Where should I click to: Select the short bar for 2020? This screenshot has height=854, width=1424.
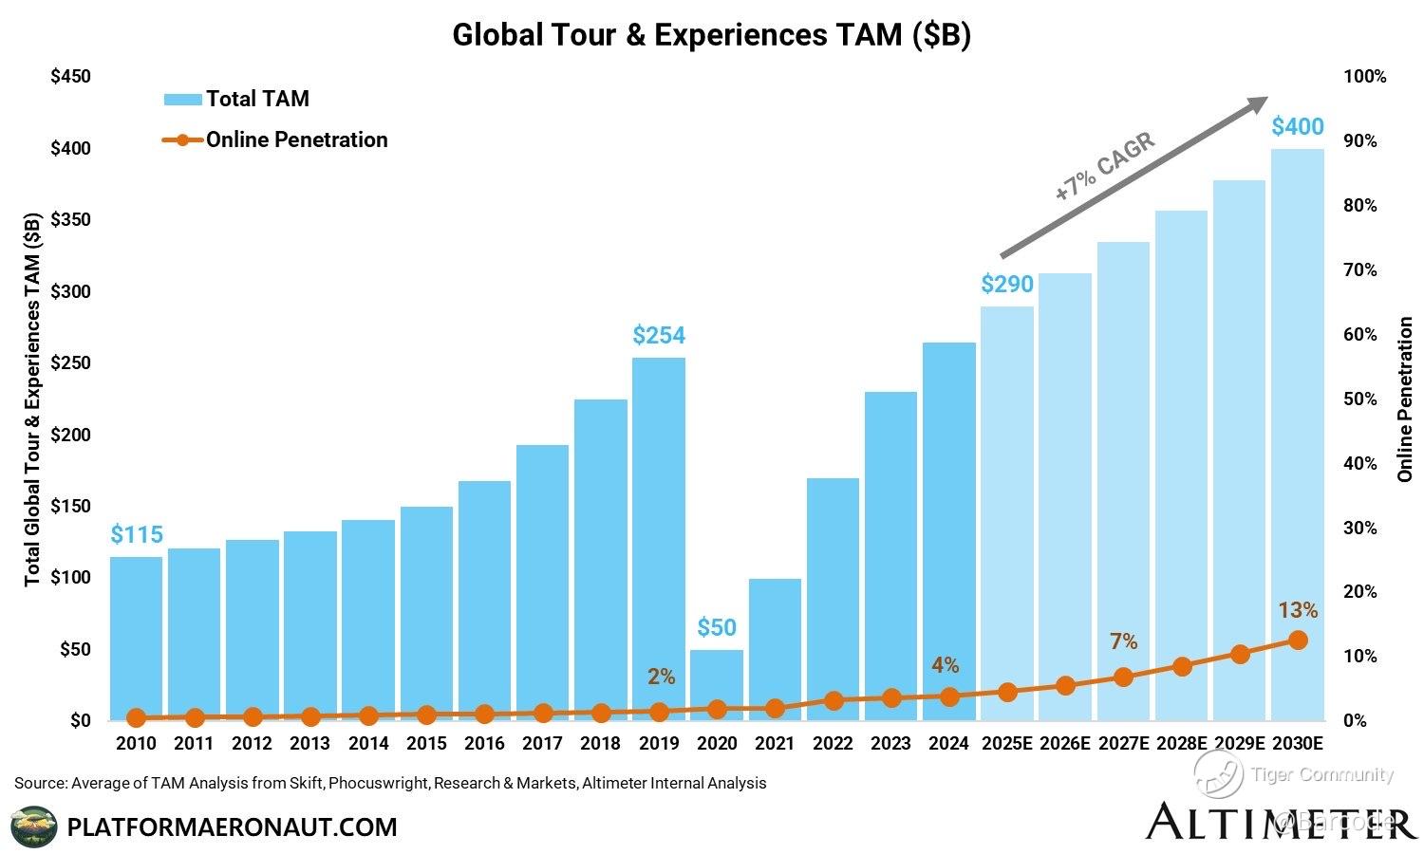[717, 684]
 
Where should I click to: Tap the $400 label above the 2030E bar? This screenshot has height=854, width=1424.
[1297, 126]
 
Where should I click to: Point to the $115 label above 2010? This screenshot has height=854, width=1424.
[137, 534]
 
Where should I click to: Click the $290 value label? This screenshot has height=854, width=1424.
[1006, 284]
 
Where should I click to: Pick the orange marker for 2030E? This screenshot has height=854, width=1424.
[1298, 640]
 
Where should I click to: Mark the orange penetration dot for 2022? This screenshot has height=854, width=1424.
[834, 700]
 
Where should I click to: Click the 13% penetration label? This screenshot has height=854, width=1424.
[1298, 610]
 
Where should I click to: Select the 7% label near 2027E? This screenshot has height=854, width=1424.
[1123, 642]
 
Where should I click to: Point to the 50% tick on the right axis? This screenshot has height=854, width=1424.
[1360, 399]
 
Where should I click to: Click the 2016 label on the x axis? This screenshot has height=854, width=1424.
[484, 744]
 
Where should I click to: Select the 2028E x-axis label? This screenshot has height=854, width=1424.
[1181, 744]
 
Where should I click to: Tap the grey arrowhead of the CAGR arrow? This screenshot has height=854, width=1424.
[1258, 102]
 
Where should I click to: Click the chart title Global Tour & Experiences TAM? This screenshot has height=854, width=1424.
[711, 34]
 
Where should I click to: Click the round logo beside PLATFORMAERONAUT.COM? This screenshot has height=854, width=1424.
[33, 826]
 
